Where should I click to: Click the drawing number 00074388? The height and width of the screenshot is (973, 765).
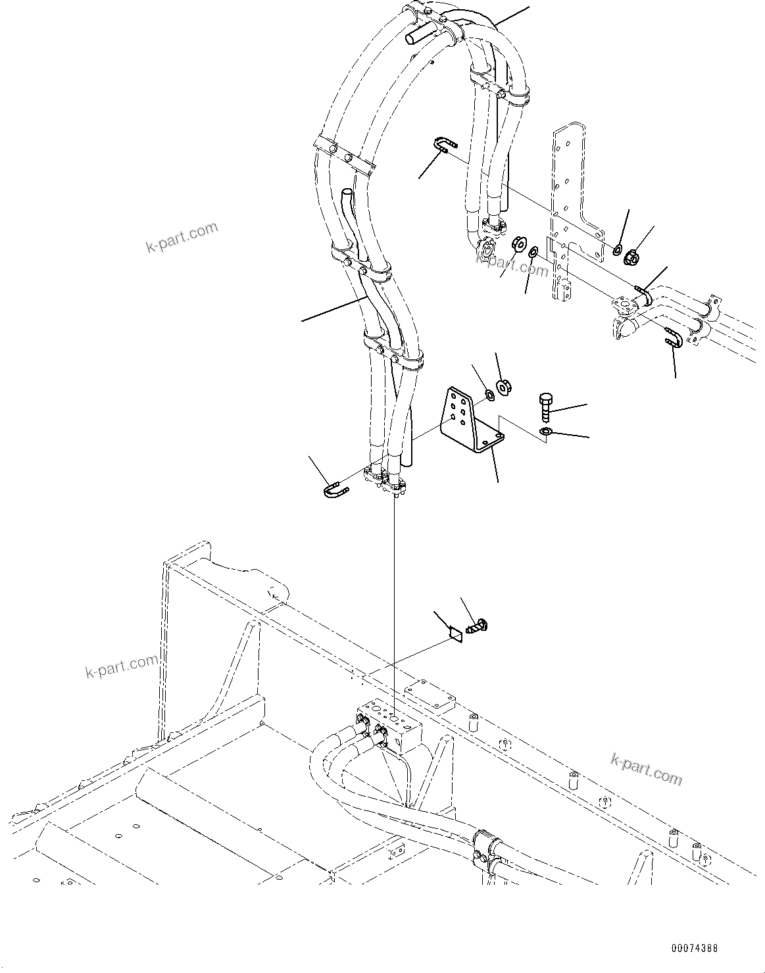[x=694, y=949]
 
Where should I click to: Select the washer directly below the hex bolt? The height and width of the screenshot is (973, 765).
[x=545, y=432]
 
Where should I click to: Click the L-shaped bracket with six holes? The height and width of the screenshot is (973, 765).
[x=471, y=422]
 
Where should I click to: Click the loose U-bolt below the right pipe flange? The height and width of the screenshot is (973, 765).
[x=670, y=336]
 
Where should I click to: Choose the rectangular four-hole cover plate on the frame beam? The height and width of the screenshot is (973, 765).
[x=430, y=695]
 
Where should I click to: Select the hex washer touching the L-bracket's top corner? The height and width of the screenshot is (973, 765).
[x=490, y=395]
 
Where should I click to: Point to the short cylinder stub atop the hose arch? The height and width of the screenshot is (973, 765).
[x=418, y=33]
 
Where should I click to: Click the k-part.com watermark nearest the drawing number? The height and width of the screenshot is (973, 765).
[x=647, y=768]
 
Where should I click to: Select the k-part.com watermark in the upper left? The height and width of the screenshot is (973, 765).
[x=182, y=237]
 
